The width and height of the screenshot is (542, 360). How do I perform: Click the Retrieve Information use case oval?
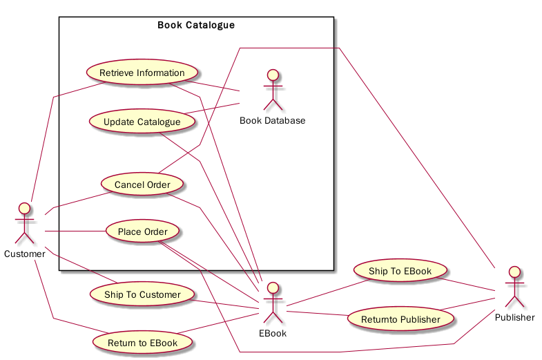click(x=142, y=73)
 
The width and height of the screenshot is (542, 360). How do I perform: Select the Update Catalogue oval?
click(x=142, y=122)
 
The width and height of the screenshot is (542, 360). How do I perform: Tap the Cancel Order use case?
click(x=142, y=184)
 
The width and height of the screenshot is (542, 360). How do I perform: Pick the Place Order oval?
click(x=142, y=231)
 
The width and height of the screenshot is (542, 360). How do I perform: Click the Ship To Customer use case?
click(x=142, y=294)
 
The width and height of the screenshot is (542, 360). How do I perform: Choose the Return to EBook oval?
click(x=142, y=342)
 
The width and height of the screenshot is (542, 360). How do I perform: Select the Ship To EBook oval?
click(x=400, y=271)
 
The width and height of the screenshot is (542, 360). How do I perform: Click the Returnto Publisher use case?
click(x=400, y=319)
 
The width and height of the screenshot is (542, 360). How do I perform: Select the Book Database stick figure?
click(x=273, y=90)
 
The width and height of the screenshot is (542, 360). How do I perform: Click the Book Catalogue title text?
click(x=196, y=26)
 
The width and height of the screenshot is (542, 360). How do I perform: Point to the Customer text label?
click(x=25, y=254)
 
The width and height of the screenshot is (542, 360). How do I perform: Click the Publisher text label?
click(x=514, y=318)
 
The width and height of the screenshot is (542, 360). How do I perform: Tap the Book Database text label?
click(x=273, y=121)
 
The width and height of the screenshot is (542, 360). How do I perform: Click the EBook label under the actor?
click(x=273, y=333)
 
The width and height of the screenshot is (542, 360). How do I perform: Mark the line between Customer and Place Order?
click(x=75, y=231)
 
